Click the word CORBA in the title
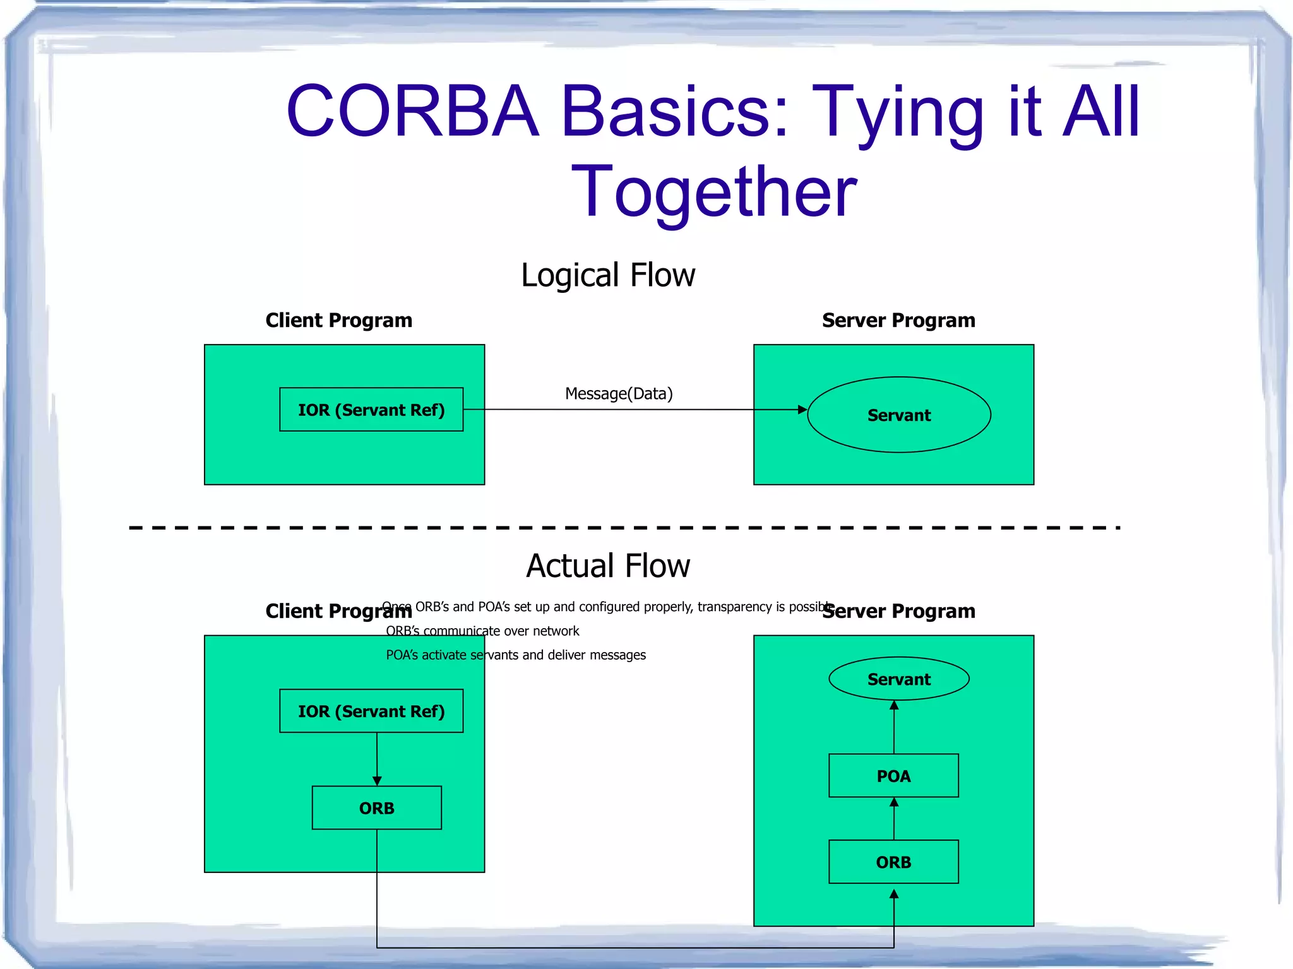pyautogui.click(x=412, y=112)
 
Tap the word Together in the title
pyautogui.click(x=713, y=191)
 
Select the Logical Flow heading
pyautogui.click(x=607, y=275)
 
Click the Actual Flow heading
pyautogui.click(x=607, y=566)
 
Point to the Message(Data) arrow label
pyautogui.click(x=618, y=394)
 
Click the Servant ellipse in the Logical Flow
pyautogui.click(x=898, y=415)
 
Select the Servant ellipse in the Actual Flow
pyautogui.click(x=898, y=679)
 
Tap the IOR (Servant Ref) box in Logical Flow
pyautogui.click(x=371, y=410)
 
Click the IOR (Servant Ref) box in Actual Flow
pyautogui.click(x=371, y=711)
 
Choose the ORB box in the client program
pyautogui.click(x=376, y=808)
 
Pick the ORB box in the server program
pyautogui.click(x=893, y=862)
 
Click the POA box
pyautogui.click(x=893, y=776)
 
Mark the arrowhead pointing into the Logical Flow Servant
pyautogui.click(x=802, y=410)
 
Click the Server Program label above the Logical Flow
pyautogui.click(x=898, y=321)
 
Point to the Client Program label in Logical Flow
pyautogui.click(x=338, y=321)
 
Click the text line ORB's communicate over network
pyautogui.click(x=482, y=631)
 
